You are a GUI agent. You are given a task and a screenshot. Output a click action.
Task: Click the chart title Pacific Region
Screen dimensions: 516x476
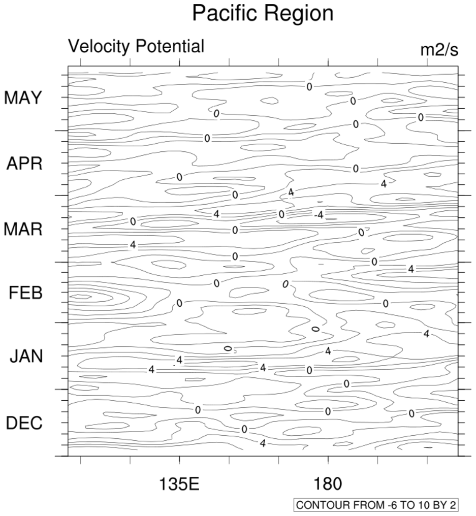pyautogui.click(x=263, y=13)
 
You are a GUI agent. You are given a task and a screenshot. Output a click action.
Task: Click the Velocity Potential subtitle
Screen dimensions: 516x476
pyautogui.click(x=136, y=46)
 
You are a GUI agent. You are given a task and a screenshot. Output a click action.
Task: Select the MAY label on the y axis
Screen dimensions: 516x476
pyautogui.click(x=23, y=98)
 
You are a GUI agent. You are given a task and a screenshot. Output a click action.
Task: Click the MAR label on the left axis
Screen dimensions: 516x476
pyautogui.click(x=23, y=229)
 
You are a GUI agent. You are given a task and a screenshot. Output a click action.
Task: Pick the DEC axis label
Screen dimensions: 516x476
pyautogui.click(x=24, y=423)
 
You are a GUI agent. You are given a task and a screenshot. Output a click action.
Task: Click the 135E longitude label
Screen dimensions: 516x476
pyautogui.click(x=179, y=484)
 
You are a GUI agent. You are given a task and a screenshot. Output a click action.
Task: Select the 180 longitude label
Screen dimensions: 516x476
pyautogui.click(x=328, y=484)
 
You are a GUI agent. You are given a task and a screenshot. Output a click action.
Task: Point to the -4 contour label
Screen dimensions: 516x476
pyautogui.click(x=319, y=215)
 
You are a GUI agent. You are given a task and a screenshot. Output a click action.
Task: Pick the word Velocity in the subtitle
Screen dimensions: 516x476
pyautogui.click(x=100, y=46)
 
